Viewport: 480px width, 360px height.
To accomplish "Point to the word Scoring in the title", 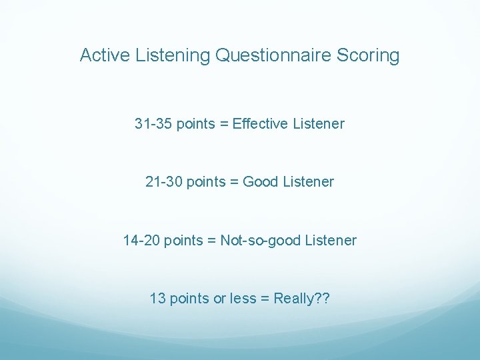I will (371, 55).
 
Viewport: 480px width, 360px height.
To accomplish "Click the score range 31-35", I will (153, 124).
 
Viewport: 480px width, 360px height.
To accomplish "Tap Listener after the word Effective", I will (319, 124).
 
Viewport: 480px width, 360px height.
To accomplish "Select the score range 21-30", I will (164, 182).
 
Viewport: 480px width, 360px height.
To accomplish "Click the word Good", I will (261, 182).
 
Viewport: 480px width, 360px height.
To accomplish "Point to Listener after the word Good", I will (308, 182).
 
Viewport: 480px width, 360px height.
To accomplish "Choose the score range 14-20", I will (141, 240).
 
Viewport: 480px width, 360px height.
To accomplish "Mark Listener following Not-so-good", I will (331, 240).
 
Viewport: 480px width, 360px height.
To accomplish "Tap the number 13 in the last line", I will (158, 298).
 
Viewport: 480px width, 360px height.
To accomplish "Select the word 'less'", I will (243, 298).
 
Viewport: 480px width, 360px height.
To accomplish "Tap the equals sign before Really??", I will (265, 298).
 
